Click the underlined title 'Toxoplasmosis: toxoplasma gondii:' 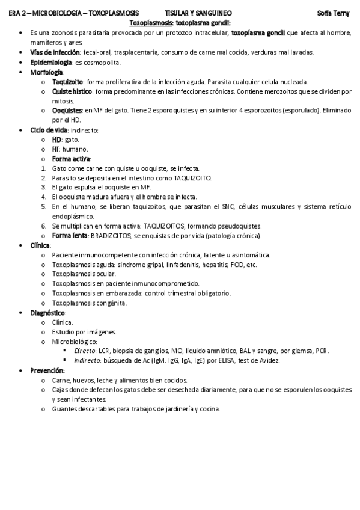(x=180, y=22)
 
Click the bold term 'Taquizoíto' (x=67, y=81)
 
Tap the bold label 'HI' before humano (x=56, y=149)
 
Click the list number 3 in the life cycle (x=44, y=187)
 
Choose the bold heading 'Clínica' (x=40, y=245)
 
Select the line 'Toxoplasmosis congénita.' (x=89, y=303)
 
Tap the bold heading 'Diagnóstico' (x=47, y=313)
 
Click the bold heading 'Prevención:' (x=47, y=370)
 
